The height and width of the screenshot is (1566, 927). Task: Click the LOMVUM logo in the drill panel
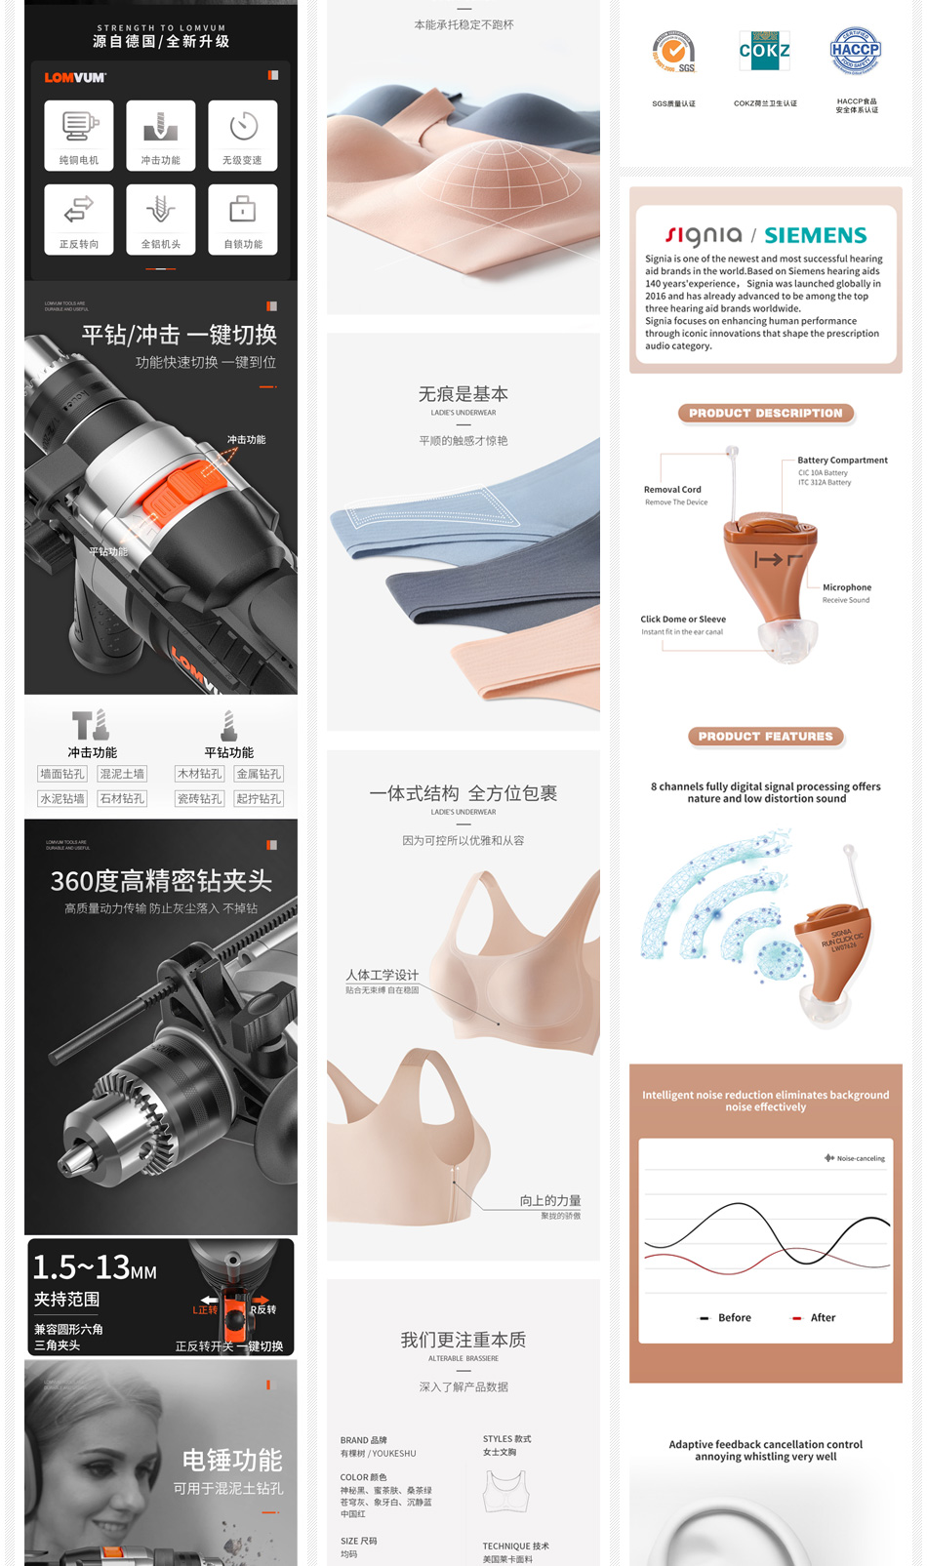tap(75, 77)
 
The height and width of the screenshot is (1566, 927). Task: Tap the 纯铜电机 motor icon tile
tap(79, 136)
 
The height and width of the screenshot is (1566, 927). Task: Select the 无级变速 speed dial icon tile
tap(243, 136)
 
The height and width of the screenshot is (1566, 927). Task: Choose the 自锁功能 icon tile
tap(243, 220)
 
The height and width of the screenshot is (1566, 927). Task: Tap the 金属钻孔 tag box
tap(259, 774)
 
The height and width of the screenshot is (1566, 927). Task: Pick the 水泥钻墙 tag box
tap(62, 798)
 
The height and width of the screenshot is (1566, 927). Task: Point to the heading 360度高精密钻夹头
tap(161, 881)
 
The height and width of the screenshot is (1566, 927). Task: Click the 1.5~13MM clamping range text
tap(95, 1267)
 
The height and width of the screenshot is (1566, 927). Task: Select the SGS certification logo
tap(673, 53)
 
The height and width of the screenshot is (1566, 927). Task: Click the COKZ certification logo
tap(765, 51)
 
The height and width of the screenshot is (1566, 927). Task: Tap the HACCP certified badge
tap(856, 51)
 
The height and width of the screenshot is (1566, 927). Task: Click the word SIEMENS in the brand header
tap(816, 235)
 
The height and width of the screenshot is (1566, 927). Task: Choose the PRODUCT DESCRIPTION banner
tap(766, 414)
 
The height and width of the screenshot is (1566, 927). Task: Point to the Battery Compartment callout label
tap(842, 461)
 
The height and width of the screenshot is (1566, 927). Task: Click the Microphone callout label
tap(847, 587)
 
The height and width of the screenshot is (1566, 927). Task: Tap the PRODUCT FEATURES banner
tap(766, 737)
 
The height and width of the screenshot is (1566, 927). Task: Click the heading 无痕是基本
tap(463, 394)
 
